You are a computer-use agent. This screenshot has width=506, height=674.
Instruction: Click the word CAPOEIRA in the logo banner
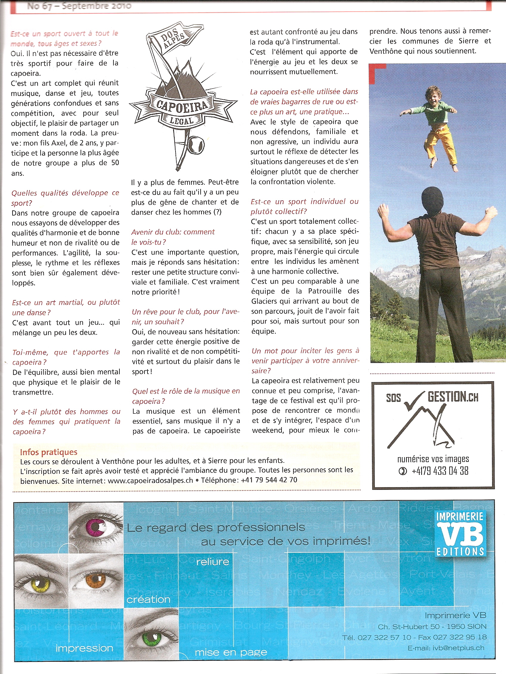tap(182, 105)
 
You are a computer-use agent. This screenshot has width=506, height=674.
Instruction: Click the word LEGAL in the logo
tap(182, 121)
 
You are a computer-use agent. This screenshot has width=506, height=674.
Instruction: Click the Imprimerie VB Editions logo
tap(460, 533)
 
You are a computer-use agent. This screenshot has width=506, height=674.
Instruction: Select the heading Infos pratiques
tap(49, 452)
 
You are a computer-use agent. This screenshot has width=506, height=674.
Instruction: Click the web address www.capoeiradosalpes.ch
tap(150, 480)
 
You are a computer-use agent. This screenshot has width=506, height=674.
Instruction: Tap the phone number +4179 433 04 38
tap(439, 471)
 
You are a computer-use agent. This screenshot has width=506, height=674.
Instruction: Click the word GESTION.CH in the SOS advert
tap(453, 397)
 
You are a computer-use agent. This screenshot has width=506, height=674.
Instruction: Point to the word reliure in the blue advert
tap(213, 561)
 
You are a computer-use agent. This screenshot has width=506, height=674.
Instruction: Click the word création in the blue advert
tap(148, 600)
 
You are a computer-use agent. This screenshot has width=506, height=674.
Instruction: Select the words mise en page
tap(231, 653)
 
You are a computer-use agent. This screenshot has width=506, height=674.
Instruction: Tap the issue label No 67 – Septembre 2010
tap(79, 6)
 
